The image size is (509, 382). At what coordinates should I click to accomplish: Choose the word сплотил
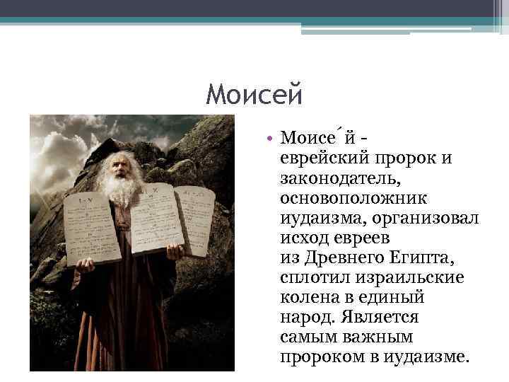point(316,277)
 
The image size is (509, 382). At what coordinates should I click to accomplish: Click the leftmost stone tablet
point(91,226)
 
